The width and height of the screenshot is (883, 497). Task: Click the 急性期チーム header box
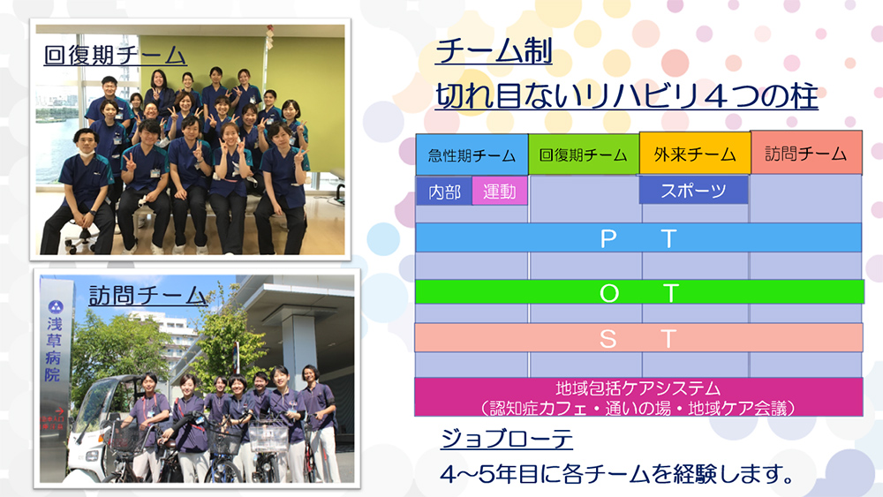click(x=472, y=154)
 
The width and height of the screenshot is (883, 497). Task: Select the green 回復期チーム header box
click(x=584, y=154)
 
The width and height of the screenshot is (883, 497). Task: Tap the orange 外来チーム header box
click(x=695, y=153)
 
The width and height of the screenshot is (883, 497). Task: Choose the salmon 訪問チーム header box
click(x=806, y=153)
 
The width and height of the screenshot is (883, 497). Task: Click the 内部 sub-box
click(x=444, y=192)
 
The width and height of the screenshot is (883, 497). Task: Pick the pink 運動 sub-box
click(x=500, y=191)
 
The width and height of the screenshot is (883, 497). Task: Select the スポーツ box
click(x=694, y=191)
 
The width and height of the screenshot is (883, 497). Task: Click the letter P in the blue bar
click(x=608, y=239)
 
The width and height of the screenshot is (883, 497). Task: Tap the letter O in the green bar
click(x=608, y=293)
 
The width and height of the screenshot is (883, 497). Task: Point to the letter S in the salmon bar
click(x=608, y=339)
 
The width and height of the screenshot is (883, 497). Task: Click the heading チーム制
click(x=494, y=51)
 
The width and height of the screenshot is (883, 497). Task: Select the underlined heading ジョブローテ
click(x=506, y=438)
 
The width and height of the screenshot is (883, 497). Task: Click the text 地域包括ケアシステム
click(x=638, y=388)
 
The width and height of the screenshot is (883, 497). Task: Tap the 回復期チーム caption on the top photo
click(x=115, y=55)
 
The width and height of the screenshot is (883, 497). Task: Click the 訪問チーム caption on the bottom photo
click(x=147, y=296)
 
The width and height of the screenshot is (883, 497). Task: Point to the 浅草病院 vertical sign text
click(x=54, y=350)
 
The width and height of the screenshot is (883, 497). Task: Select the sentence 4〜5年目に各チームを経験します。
click(x=617, y=474)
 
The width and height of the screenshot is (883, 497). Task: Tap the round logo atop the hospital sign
click(x=56, y=306)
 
